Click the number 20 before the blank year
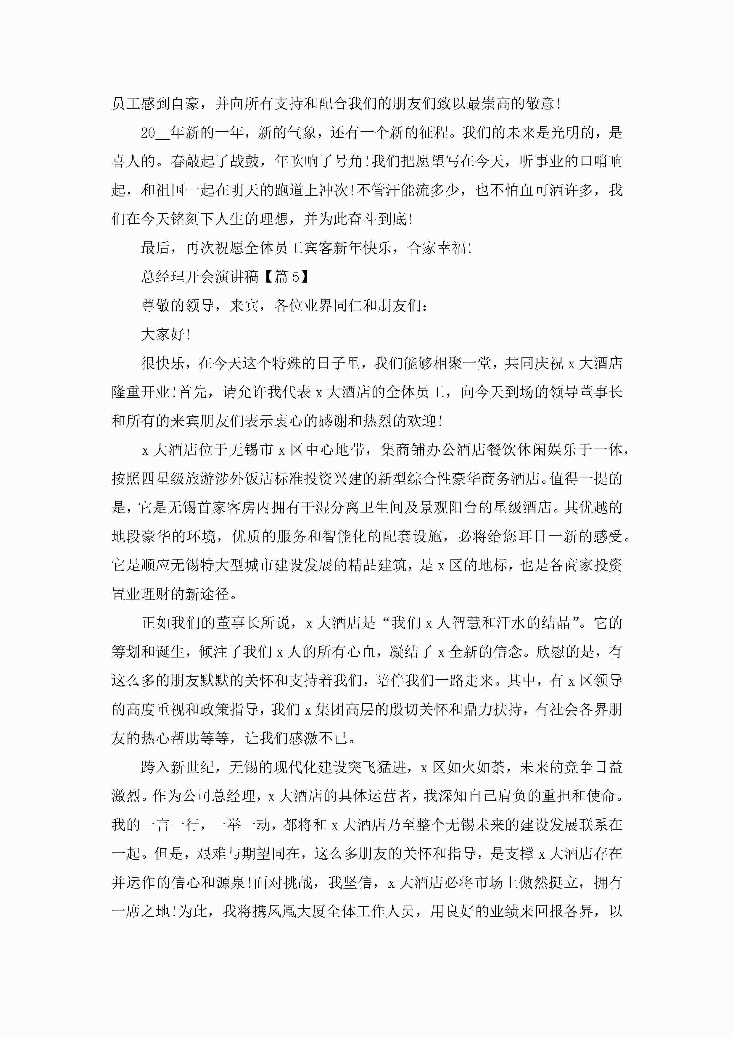pyautogui.click(x=148, y=133)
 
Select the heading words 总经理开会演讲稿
pyautogui.click(x=200, y=277)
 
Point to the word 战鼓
pyautogui.click(x=245, y=161)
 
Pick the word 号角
pyautogui.click(x=349, y=161)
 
